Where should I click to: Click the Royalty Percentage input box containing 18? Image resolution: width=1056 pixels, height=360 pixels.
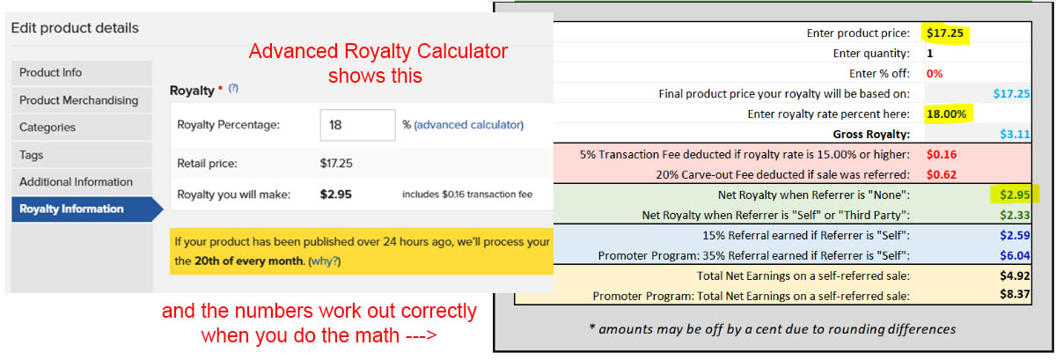[x=358, y=125]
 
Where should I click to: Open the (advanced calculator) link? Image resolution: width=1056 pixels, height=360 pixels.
[x=468, y=125]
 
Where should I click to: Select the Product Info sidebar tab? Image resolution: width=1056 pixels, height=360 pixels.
[x=82, y=73]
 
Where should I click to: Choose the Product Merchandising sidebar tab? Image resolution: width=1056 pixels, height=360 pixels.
[x=82, y=100]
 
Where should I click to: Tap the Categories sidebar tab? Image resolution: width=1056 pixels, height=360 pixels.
[x=82, y=128]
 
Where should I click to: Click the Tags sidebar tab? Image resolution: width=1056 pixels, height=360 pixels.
[x=82, y=155]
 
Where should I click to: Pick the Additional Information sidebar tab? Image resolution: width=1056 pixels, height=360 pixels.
[x=82, y=182]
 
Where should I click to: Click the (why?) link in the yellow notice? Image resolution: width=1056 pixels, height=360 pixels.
[x=325, y=261]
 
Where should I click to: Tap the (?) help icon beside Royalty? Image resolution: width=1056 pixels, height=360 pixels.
[x=233, y=88]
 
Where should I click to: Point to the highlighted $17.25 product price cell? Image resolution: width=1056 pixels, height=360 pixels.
[x=945, y=33]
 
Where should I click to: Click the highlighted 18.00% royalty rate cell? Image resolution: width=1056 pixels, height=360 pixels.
[x=947, y=114]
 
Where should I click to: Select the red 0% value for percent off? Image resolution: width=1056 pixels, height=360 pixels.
[x=935, y=74]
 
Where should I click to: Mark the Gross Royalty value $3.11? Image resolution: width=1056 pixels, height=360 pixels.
[x=1015, y=135]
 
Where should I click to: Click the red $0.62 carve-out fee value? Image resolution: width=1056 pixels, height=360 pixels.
[x=942, y=175]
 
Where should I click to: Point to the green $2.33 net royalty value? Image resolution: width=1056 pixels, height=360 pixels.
[x=1015, y=216]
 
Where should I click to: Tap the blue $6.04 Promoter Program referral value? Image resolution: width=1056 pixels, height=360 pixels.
[x=1015, y=256]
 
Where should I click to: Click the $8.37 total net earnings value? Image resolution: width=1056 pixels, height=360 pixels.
[x=1015, y=294]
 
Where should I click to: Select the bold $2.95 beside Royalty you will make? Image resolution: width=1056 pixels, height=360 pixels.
[x=335, y=195]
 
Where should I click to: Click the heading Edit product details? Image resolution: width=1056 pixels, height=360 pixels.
[x=75, y=28]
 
